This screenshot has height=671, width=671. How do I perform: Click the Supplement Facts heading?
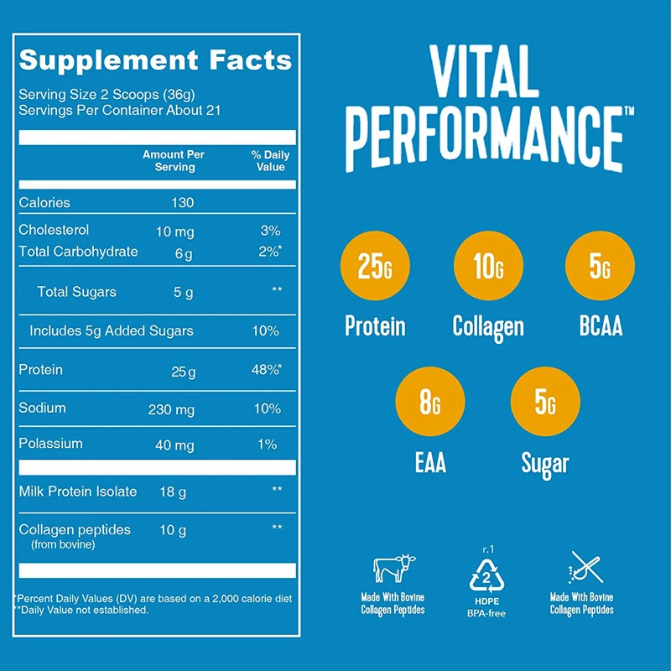(155, 60)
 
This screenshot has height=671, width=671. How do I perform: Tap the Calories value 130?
(181, 203)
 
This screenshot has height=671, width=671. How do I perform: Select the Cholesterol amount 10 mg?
(174, 231)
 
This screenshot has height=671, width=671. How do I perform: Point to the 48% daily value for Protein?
(266, 371)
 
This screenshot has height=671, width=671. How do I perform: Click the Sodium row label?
(42, 408)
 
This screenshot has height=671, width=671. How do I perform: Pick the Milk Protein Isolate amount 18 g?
(174, 492)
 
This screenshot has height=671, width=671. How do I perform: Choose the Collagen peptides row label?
(74, 530)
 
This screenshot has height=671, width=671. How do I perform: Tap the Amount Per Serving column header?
(174, 161)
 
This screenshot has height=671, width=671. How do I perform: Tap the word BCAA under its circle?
(601, 326)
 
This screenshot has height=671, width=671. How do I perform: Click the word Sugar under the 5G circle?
(544, 463)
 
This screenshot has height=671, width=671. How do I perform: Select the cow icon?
(393, 568)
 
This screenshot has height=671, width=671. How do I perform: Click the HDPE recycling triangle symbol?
(487, 575)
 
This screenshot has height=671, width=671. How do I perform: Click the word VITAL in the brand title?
(484, 74)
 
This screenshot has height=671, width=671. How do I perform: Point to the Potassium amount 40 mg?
(174, 445)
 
